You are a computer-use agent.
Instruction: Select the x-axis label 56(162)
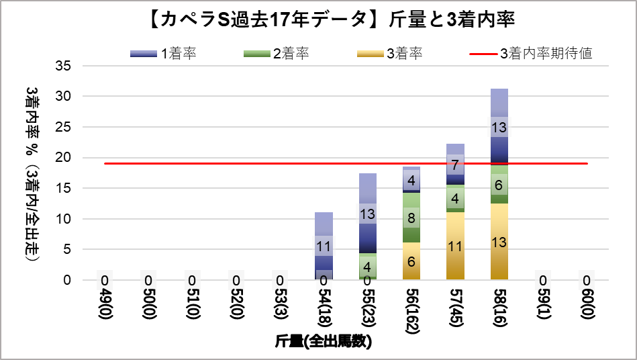(x=411, y=310)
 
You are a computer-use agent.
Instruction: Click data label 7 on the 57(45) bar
(x=455, y=164)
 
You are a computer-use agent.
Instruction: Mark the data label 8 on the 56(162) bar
(x=411, y=218)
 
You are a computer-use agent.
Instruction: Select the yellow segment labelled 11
(x=455, y=246)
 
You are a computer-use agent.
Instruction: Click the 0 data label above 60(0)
(x=586, y=280)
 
